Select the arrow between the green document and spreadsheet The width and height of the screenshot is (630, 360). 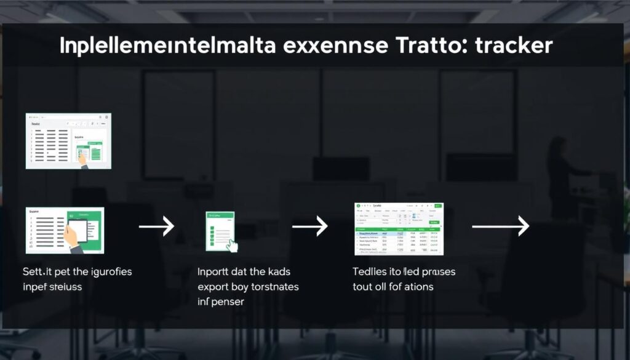click(309, 227)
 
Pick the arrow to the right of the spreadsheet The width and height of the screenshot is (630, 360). click(500, 226)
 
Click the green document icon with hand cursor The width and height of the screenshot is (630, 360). click(220, 231)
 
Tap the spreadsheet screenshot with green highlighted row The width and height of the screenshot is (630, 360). click(399, 228)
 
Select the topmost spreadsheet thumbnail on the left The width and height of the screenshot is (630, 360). click(68, 141)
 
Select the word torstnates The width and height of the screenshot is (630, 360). click(273, 286)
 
